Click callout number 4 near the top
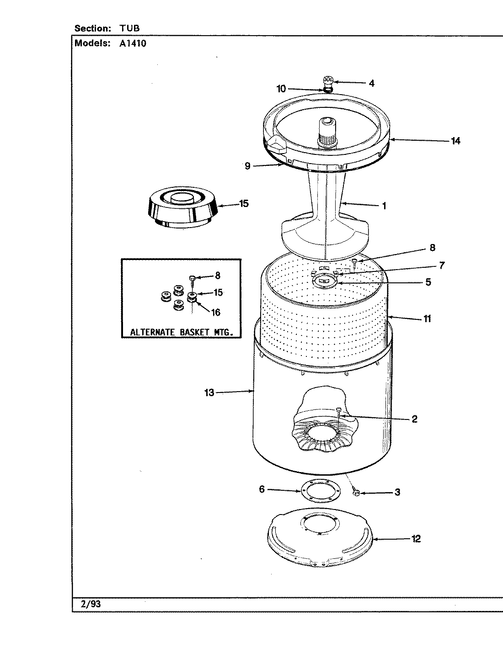pos(371,84)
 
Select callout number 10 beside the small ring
pos(281,88)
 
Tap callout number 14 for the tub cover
pos(455,141)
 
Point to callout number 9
pos(247,166)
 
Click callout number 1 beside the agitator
pos(384,206)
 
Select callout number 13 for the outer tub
pos(209,393)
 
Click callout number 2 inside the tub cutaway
pos(414,419)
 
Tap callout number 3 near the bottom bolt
pos(397,492)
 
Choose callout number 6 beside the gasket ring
pos(262,489)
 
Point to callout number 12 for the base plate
pos(416,539)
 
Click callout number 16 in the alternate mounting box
pos(215,313)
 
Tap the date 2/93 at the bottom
pos(91,604)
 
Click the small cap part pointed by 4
pos(327,82)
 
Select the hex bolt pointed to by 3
pos(357,492)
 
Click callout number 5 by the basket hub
pos(428,282)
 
